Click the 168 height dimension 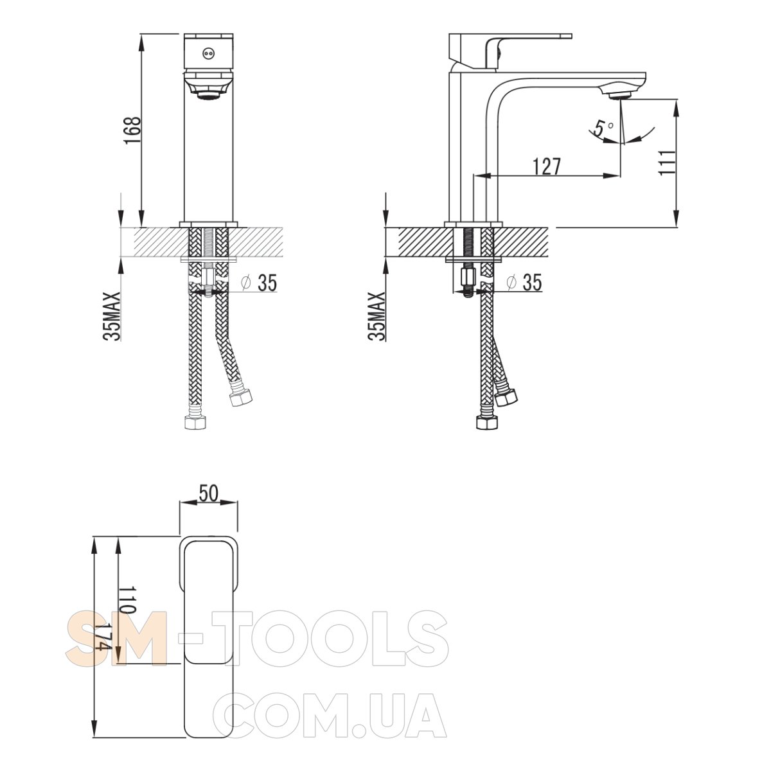click(x=133, y=131)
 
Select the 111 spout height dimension click(x=667, y=163)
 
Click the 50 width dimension click(x=208, y=493)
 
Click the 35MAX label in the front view click(x=112, y=316)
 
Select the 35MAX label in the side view click(x=376, y=316)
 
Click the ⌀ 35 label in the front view click(x=258, y=283)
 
